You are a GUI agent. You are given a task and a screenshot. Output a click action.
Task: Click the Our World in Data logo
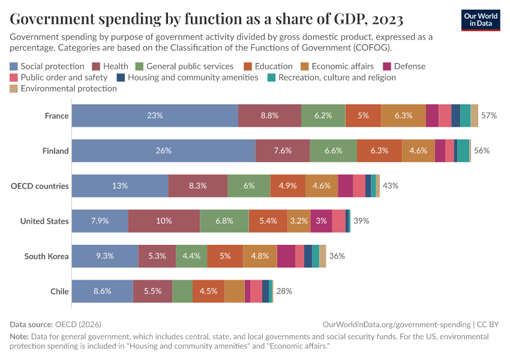point(481,20)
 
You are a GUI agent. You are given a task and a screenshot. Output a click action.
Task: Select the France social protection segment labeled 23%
point(155,115)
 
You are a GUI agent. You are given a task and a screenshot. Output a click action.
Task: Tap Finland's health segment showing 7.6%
point(283,151)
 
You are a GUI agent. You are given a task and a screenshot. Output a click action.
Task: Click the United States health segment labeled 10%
point(164,221)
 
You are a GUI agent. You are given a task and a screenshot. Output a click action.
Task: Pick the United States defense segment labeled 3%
point(321,221)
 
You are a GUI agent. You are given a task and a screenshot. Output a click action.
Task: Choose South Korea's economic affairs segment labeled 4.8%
point(260,256)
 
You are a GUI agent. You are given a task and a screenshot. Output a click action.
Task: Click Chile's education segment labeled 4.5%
point(208,291)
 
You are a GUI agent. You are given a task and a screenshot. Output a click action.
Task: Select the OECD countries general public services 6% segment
point(249,186)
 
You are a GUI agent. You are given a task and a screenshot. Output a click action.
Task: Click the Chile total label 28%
point(284,291)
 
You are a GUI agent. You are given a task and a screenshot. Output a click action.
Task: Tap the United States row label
point(44,221)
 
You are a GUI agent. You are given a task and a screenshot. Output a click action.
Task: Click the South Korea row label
point(46,256)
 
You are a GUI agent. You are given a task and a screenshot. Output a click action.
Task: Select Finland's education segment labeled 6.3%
point(379,151)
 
